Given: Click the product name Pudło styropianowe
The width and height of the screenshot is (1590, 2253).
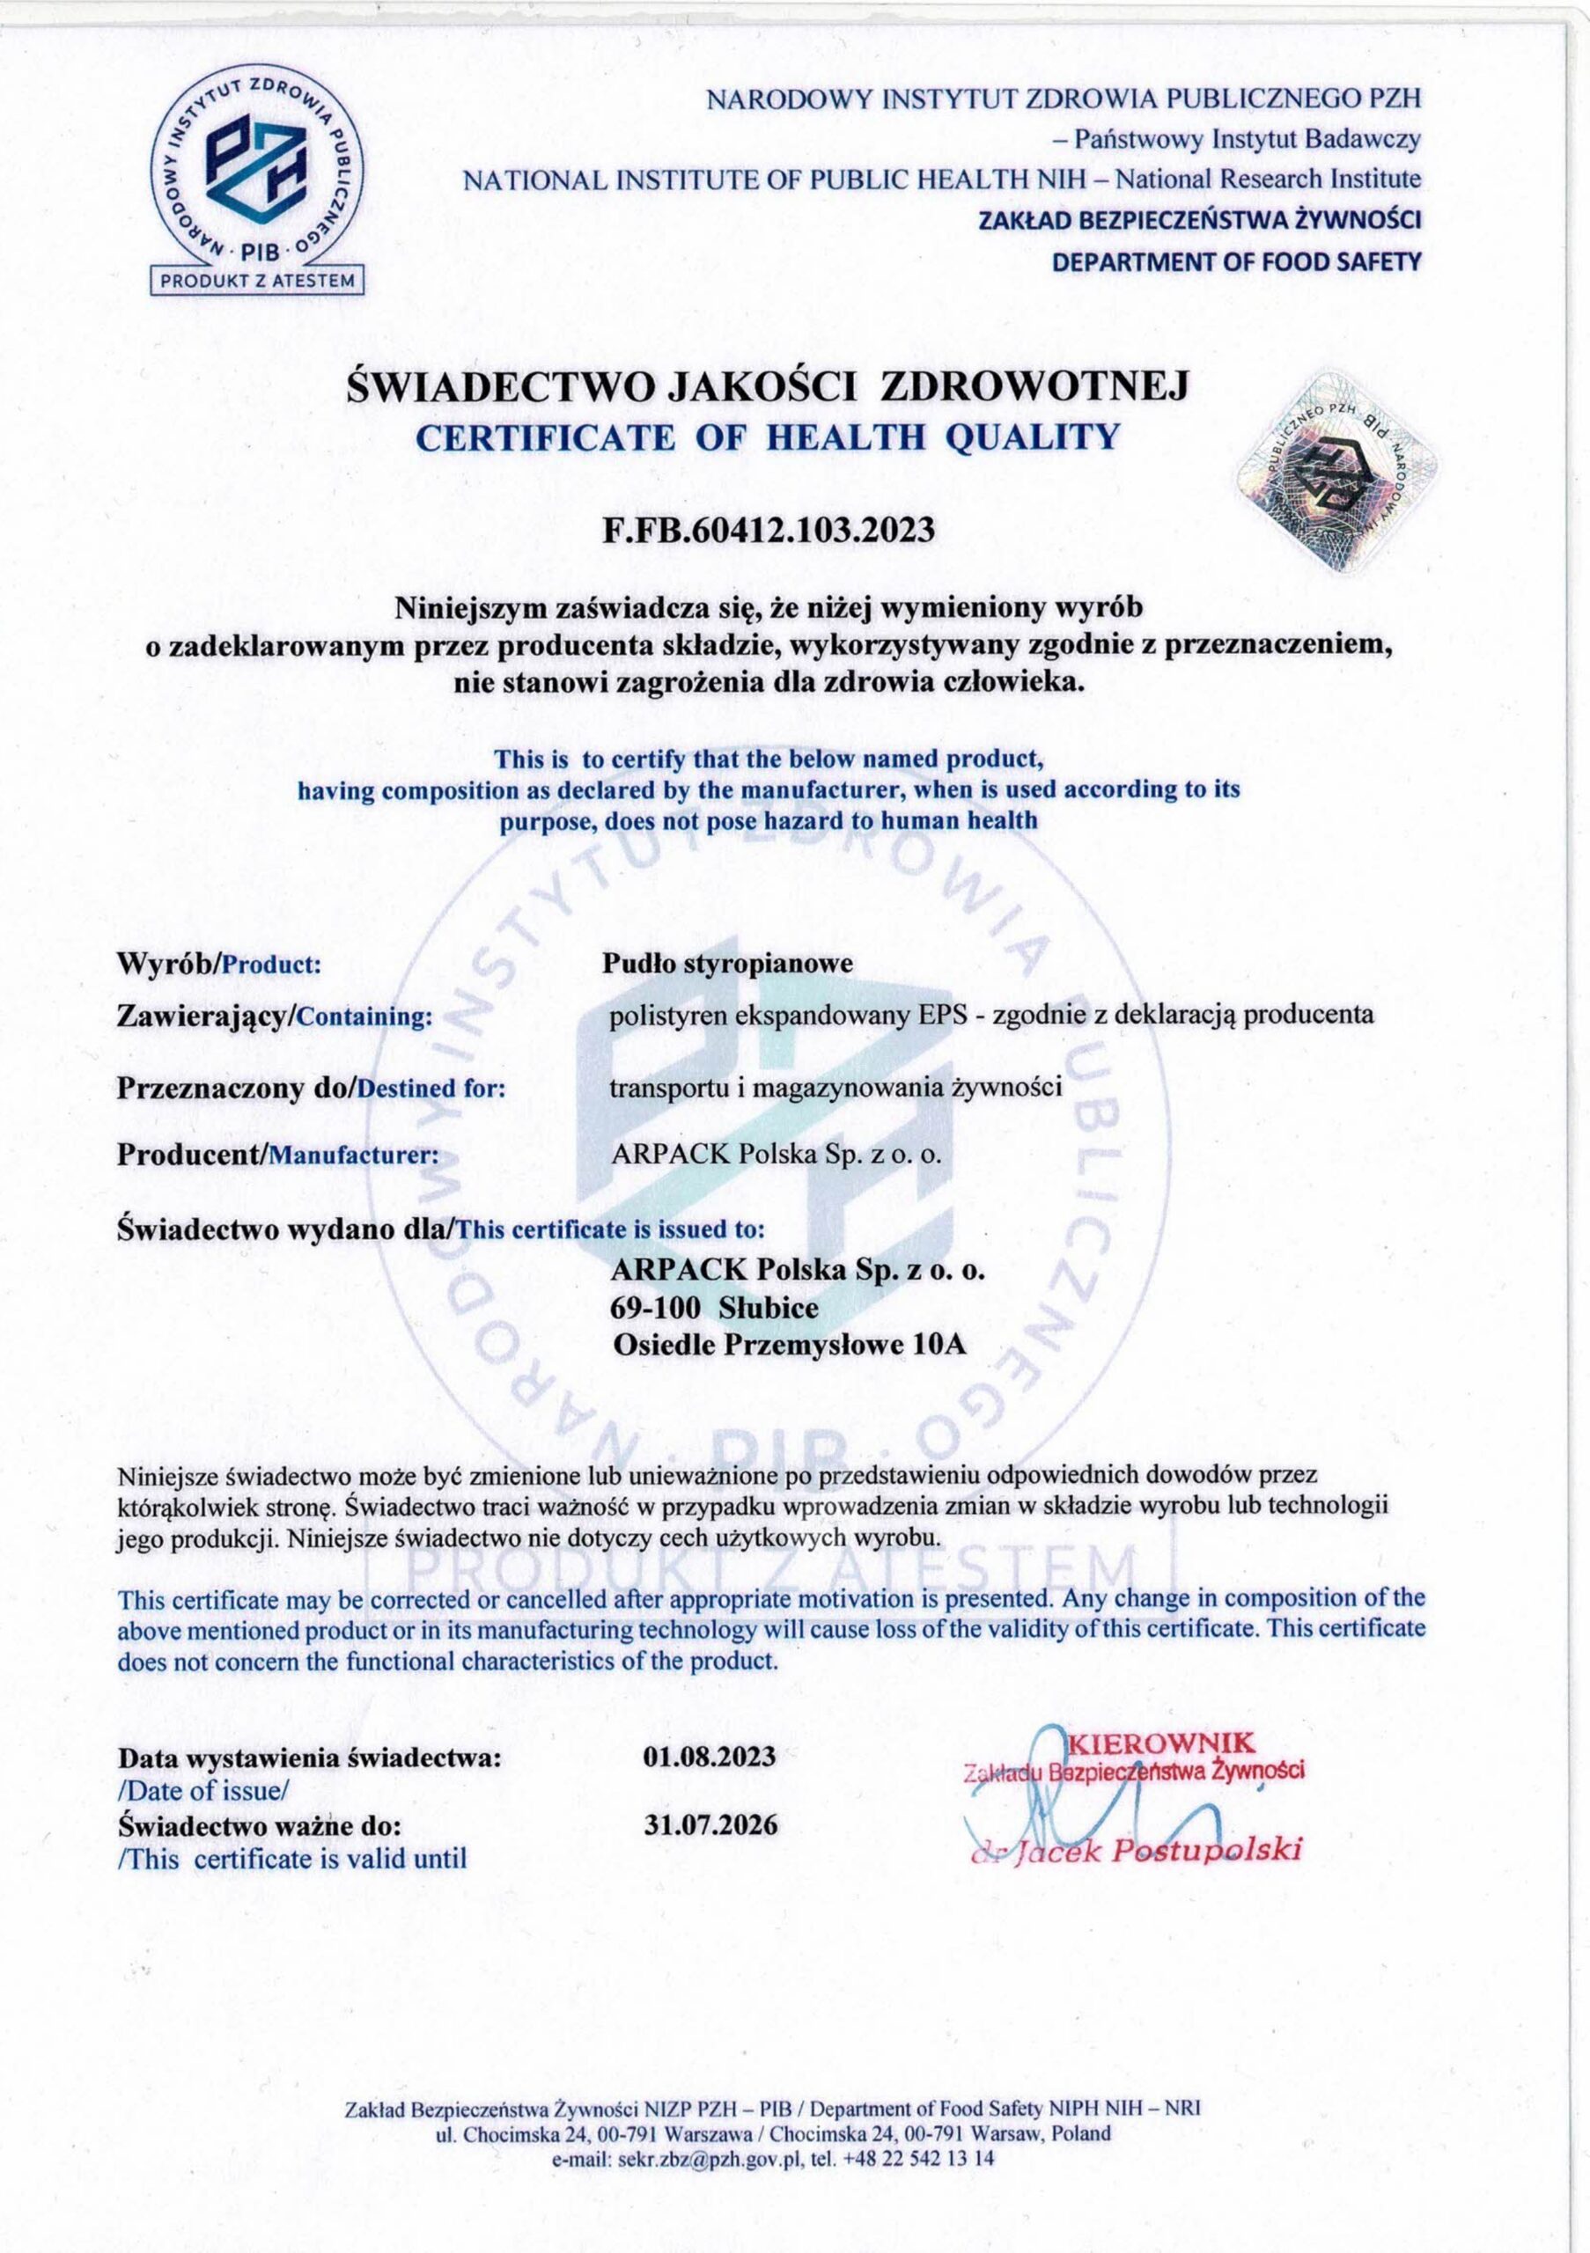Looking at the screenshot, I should coord(727,963).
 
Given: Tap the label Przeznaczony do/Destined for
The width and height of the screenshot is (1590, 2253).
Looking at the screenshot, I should coord(311,1087).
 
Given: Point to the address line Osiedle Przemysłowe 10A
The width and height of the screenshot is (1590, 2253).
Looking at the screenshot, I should coord(789,1346).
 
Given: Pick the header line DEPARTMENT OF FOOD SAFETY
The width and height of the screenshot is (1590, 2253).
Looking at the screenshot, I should coord(1236,261).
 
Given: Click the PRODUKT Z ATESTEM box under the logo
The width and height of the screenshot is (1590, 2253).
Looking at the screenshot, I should coord(256,280).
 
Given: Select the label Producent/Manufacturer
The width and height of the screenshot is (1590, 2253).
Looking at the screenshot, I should coord(277,1154).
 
